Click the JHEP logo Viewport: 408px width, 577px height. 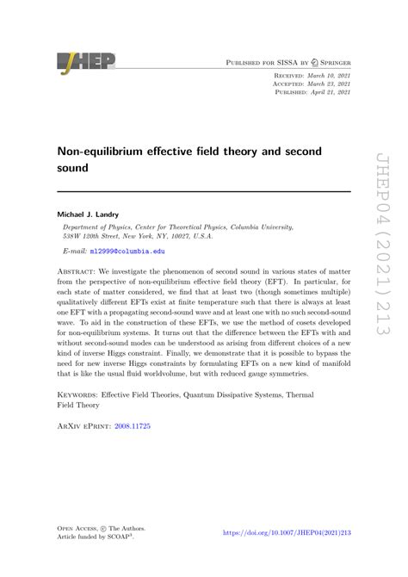87,61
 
